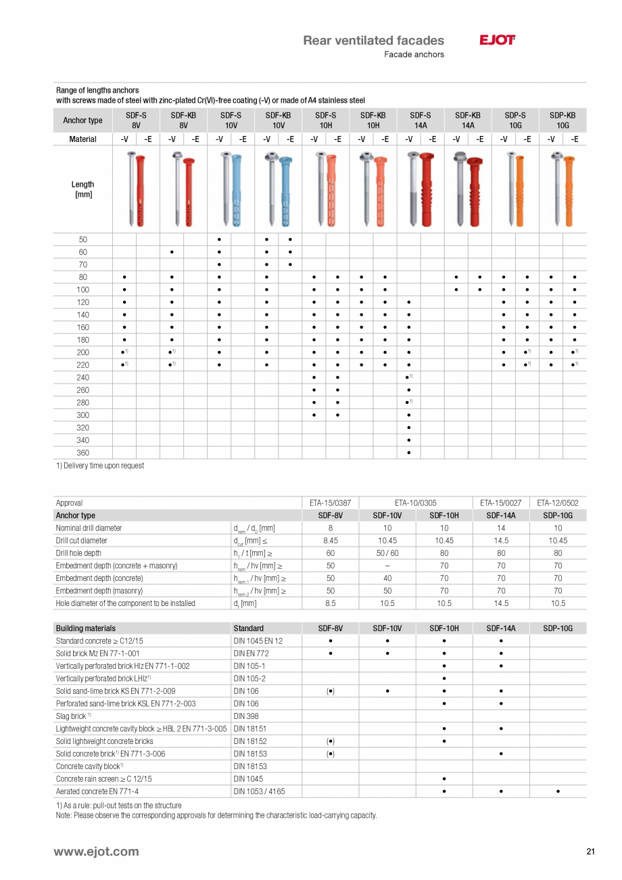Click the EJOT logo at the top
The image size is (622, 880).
click(498, 41)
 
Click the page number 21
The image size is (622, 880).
click(590, 852)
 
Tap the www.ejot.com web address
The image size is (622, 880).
click(96, 852)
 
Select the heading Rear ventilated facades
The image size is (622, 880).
click(373, 41)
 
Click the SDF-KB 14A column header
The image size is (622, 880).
click(468, 120)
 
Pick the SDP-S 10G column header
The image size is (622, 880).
click(515, 120)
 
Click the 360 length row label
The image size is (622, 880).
click(82, 453)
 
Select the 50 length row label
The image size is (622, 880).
click(82, 239)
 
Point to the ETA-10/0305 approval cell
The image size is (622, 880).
click(416, 503)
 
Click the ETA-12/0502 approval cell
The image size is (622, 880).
click(558, 503)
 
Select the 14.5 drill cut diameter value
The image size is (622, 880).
click(501, 540)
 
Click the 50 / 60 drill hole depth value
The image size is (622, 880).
click(387, 553)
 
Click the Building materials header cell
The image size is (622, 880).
click(86, 628)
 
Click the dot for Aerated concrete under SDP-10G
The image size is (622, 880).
click(558, 791)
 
